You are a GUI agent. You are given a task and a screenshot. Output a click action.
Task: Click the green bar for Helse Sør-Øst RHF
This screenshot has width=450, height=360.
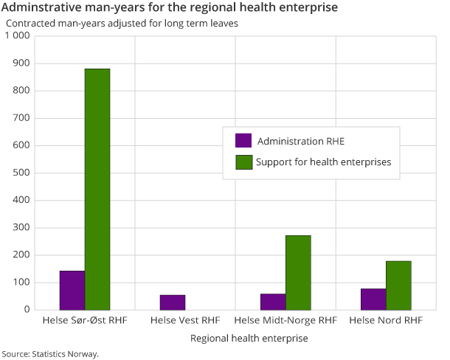(97, 189)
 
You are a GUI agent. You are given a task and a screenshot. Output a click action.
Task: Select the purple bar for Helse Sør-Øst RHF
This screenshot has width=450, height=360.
(72, 290)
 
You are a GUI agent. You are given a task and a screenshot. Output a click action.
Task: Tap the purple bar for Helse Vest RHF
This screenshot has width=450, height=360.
(173, 302)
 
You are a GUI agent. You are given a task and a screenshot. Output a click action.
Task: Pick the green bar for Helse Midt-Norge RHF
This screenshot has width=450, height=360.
(298, 272)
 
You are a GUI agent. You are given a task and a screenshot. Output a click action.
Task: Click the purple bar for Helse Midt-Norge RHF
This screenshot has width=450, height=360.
(273, 301)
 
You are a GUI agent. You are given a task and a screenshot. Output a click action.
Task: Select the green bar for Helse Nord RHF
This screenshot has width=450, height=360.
(398, 285)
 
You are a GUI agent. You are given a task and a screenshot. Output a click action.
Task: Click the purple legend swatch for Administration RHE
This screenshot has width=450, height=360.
(243, 141)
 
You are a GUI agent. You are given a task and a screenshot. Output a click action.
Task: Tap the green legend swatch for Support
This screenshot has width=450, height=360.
(243, 162)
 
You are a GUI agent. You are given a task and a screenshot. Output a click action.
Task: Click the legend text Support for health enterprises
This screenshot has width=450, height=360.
(323, 162)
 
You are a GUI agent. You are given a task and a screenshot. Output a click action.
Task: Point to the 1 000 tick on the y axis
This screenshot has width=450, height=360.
(15, 36)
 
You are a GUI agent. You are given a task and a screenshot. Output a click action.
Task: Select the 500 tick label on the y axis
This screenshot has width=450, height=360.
(20, 173)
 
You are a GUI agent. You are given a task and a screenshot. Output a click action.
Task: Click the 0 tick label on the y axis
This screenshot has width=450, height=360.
(25, 310)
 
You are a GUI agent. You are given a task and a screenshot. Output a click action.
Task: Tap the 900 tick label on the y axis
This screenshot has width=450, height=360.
(20, 63)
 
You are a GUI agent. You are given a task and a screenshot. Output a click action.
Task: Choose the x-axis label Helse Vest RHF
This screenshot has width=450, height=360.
(185, 321)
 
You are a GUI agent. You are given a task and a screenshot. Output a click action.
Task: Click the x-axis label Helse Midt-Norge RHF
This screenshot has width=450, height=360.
(285, 321)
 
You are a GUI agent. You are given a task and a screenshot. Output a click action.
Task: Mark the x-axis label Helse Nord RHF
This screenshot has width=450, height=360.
(386, 321)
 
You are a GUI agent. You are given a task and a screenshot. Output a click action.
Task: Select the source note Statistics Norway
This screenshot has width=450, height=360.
(50, 353)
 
